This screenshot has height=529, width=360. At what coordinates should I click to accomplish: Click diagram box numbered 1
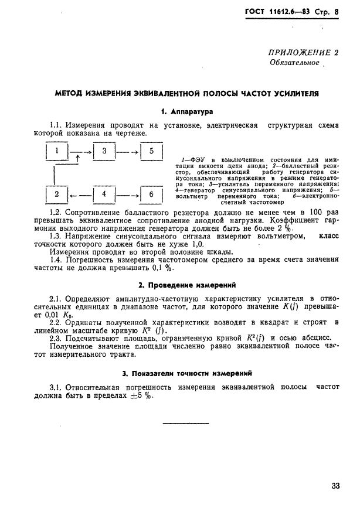pos(56,153)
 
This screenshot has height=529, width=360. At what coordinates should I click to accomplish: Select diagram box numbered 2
pos(56,194)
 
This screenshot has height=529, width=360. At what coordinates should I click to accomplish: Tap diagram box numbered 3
pos(104,153)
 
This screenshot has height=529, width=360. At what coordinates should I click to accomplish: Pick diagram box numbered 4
pos(104,194)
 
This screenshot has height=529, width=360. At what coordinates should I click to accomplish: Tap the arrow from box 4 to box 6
pos(127,194)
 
